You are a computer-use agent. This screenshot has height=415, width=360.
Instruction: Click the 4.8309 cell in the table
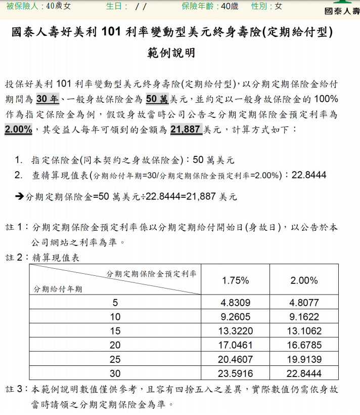point(235,303)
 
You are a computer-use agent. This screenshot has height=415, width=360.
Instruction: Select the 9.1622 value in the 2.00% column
point(304,317)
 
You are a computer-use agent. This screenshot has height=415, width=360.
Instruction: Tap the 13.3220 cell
point(235,331)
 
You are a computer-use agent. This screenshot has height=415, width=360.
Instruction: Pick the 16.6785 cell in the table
point(304,346)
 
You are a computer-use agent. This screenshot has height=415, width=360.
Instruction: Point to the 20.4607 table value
point(235,360)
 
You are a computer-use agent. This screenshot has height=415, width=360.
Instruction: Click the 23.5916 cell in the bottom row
point(235,374)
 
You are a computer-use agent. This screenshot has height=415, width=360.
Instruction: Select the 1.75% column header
point(235,280)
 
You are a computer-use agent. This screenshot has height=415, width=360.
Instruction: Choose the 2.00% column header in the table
point(304,280)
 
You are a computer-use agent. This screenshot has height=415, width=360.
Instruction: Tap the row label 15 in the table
point(115,331)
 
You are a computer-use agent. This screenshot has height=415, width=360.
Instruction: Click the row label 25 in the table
point(115,360)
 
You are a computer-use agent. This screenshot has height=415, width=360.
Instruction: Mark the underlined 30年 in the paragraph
point(49,99)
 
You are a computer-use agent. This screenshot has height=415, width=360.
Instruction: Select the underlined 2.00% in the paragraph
point(19,130)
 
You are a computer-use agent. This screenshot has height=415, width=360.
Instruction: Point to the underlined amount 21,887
point(186,130)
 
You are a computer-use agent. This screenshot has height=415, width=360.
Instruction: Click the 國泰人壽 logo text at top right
point(341,11)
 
